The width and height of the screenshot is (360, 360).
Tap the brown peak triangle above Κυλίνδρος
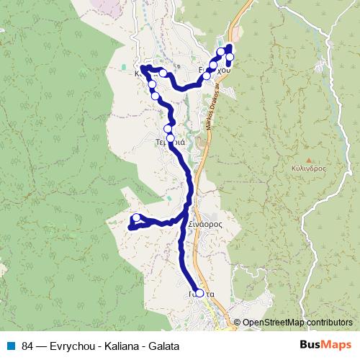pyautogui.click(x=309, y=160)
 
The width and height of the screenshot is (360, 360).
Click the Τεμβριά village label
pyautogui.click(x=171, y=142)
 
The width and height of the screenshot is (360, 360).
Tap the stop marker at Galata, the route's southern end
pyautogui.click(x=199, y=293)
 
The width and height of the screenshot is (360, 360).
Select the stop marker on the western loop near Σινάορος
pyautogui.click(x=136, y=217)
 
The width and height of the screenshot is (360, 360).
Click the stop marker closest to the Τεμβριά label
pyautogui.click(x=171, y=137)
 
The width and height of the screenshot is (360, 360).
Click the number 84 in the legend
pyautogui.click(x=27, y=346)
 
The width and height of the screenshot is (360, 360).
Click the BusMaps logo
pyautogui.click(x=326, y=345)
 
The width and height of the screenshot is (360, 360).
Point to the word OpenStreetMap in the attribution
pyautogui.click(x=273, y=323)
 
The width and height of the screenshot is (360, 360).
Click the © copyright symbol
pyautogui.click(x=238, y=323)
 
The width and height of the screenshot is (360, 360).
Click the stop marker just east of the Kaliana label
pyautogui.click(x=163, y=73)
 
